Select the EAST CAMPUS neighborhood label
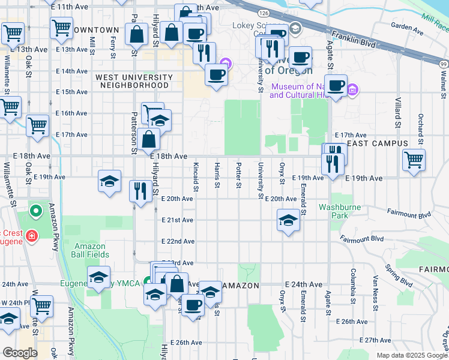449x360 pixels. [x=378, y=144]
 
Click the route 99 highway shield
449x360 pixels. [x=442, y=64]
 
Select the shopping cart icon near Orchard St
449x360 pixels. [x=414, y=160]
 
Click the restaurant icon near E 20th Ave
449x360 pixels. [x=140, y=191]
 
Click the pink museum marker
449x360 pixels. [x=353, y=91]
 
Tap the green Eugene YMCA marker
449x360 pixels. [x=147, y=282]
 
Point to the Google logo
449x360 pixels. [x=19, y=353]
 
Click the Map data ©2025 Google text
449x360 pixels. [x=411, y=355]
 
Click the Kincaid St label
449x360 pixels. [x=196, y=174]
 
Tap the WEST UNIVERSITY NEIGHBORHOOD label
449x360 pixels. [x=134, y=81]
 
